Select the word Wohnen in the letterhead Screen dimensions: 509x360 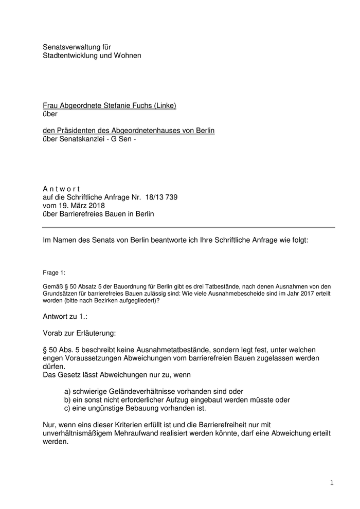(126, 55)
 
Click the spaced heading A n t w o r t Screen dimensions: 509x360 (61, 189)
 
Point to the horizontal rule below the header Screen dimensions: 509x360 (188, 227)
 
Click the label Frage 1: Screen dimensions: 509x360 (54, 272)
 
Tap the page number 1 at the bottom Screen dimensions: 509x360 (332, 483)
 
